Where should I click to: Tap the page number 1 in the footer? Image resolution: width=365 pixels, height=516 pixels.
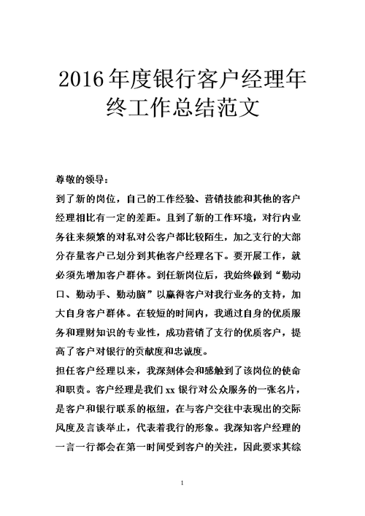[x=182, y=486]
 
